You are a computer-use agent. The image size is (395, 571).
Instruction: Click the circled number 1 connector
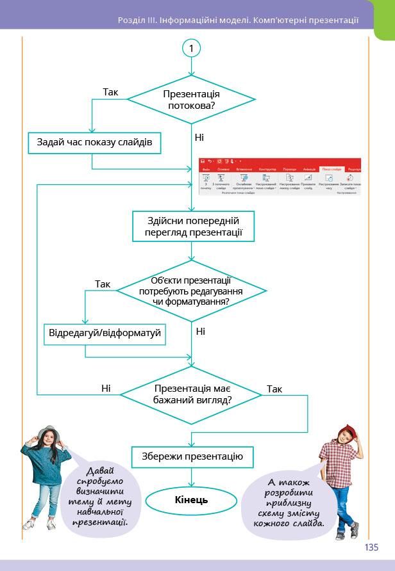(x=191, y=49)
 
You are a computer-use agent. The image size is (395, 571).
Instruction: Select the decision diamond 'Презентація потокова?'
(x=191, y=99)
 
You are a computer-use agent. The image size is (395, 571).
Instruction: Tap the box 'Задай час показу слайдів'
(x=94, y=142)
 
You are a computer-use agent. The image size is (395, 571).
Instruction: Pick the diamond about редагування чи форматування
(x=191, y=291)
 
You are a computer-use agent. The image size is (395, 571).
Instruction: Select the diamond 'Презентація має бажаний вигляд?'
(x=191, y=394)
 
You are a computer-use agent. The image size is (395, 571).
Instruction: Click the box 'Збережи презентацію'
(x=191, y=456)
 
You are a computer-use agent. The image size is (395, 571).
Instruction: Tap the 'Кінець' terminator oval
(x=191, y=499)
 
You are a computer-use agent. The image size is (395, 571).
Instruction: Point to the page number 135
(x=371, y=547)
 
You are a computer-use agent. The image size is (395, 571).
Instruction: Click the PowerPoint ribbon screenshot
(x=280, y=177)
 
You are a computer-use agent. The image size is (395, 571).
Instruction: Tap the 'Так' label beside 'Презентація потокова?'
(x=110, y=92)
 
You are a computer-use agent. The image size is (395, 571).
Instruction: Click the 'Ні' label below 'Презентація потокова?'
(x=199, y=137)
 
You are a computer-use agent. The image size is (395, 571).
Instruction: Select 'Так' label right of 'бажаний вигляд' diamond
(x=274, y=389)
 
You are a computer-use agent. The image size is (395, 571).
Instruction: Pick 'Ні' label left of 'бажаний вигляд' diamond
(x=106, y=388)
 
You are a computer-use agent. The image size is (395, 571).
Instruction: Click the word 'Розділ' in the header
(x=131, y=20)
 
